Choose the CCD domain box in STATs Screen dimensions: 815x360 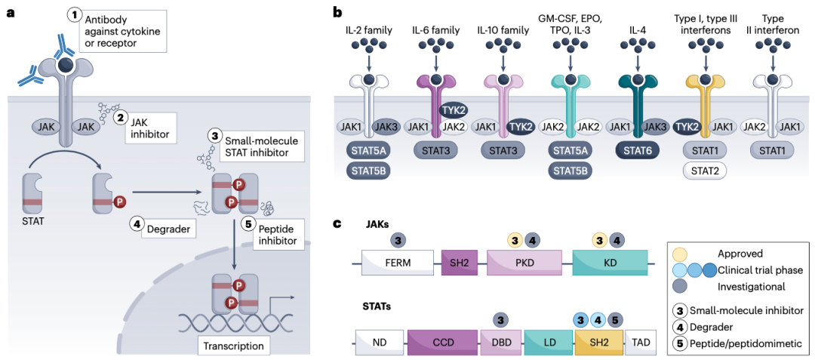point(442,343)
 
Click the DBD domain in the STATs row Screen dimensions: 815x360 point(501,343)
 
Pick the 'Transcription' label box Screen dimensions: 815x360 point(232,345)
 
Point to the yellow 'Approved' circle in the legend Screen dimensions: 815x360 point(681,254)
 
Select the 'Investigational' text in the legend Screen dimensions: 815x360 point(751,286)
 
